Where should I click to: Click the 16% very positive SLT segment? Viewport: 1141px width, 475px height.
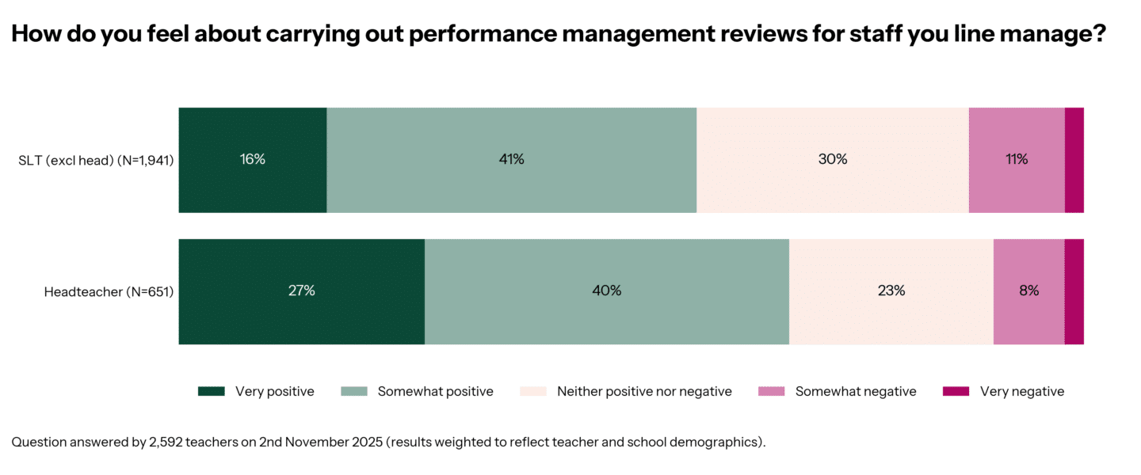click(x=253, y=160)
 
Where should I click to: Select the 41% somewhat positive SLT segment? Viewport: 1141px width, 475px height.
click(x=511, y=160)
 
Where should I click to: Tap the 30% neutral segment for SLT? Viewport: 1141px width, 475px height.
click(x=832, y=160)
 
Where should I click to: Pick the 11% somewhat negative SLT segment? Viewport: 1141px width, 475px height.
click(x=1016, y=160)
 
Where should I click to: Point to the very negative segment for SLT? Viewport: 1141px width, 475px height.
click(x=1074, y=160)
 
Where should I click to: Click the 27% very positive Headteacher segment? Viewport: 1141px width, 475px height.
click(x=301, y=291)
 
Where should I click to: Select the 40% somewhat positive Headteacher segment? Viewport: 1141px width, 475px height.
click(x=606, y=291)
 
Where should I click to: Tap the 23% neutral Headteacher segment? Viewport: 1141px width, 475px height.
click(x=891, y=291)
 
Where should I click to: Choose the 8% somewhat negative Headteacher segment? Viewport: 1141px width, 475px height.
click(x=1028, y=291)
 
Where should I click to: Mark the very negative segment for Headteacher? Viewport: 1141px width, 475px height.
click(x=1074, y=291)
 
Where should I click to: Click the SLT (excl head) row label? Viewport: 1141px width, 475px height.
click(x=96, y=161)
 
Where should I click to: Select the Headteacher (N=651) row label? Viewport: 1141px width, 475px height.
click(x=109, y=292)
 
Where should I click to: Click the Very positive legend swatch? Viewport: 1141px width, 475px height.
click(x=212, y=391)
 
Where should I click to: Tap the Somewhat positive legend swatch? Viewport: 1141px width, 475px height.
click(x=354, y=391)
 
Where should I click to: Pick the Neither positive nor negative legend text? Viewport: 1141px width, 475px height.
click(x=644, y=391)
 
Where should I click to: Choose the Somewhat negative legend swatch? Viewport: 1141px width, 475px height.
click(x=772, y=391)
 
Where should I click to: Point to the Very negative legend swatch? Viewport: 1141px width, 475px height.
click(x=956, y=391)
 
